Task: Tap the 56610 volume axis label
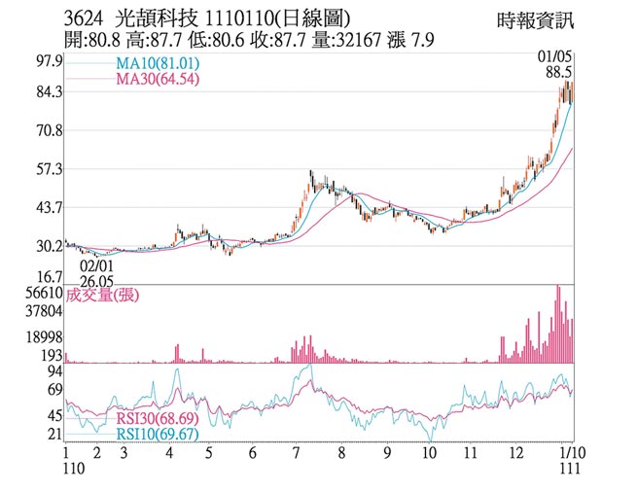(x=45, y=292)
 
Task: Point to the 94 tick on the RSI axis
(x=54, y=370)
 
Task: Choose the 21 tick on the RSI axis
(x=54, y=434)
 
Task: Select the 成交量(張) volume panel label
(x=102, y=297)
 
